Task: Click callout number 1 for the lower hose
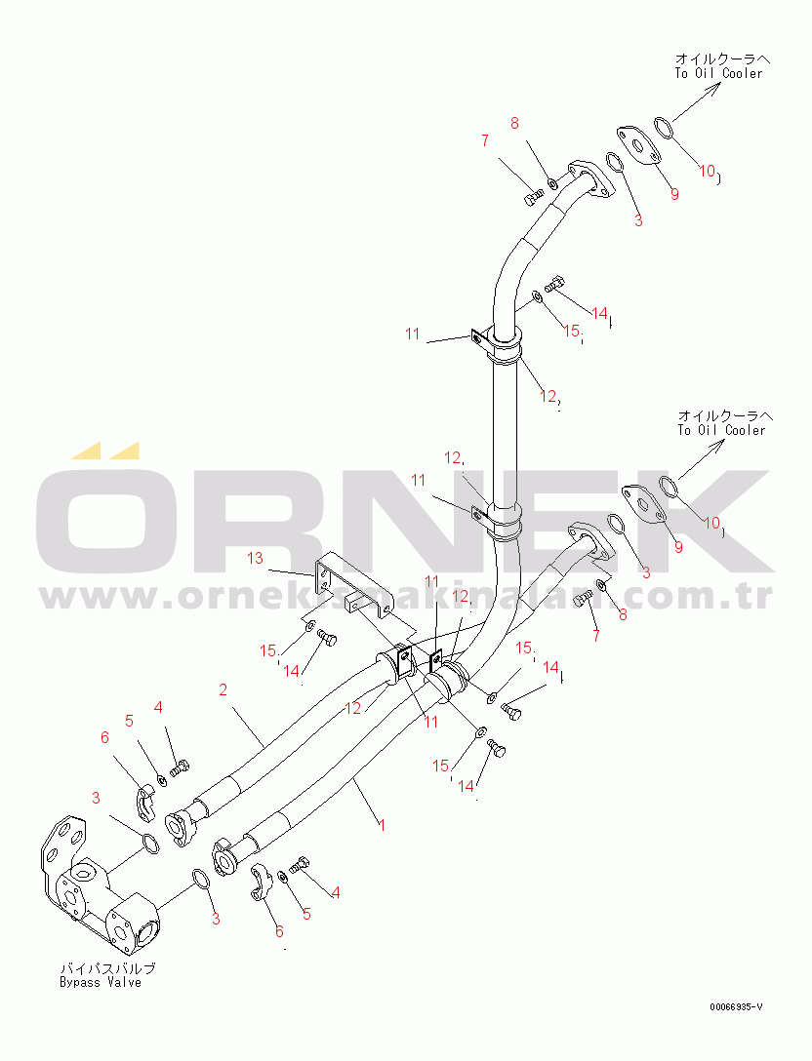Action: [x=383, y=825]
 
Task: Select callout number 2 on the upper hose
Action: [x=223, y=690]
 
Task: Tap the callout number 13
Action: [x=255, y=558]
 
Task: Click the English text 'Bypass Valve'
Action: [x=100, y=982]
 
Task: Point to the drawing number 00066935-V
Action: [x=737, y=1005]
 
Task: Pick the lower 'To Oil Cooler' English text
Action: [x=721, y=430]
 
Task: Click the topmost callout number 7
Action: [x=484, y=141]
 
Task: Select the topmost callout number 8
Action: [x=515, y=124]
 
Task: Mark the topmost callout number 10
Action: [x=708, y=171]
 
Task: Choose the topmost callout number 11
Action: [x=413, y=334]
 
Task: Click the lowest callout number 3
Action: [x=216, y=919]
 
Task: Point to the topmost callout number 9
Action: [x=673, y=193]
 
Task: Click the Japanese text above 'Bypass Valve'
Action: [x=107, y=968]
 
